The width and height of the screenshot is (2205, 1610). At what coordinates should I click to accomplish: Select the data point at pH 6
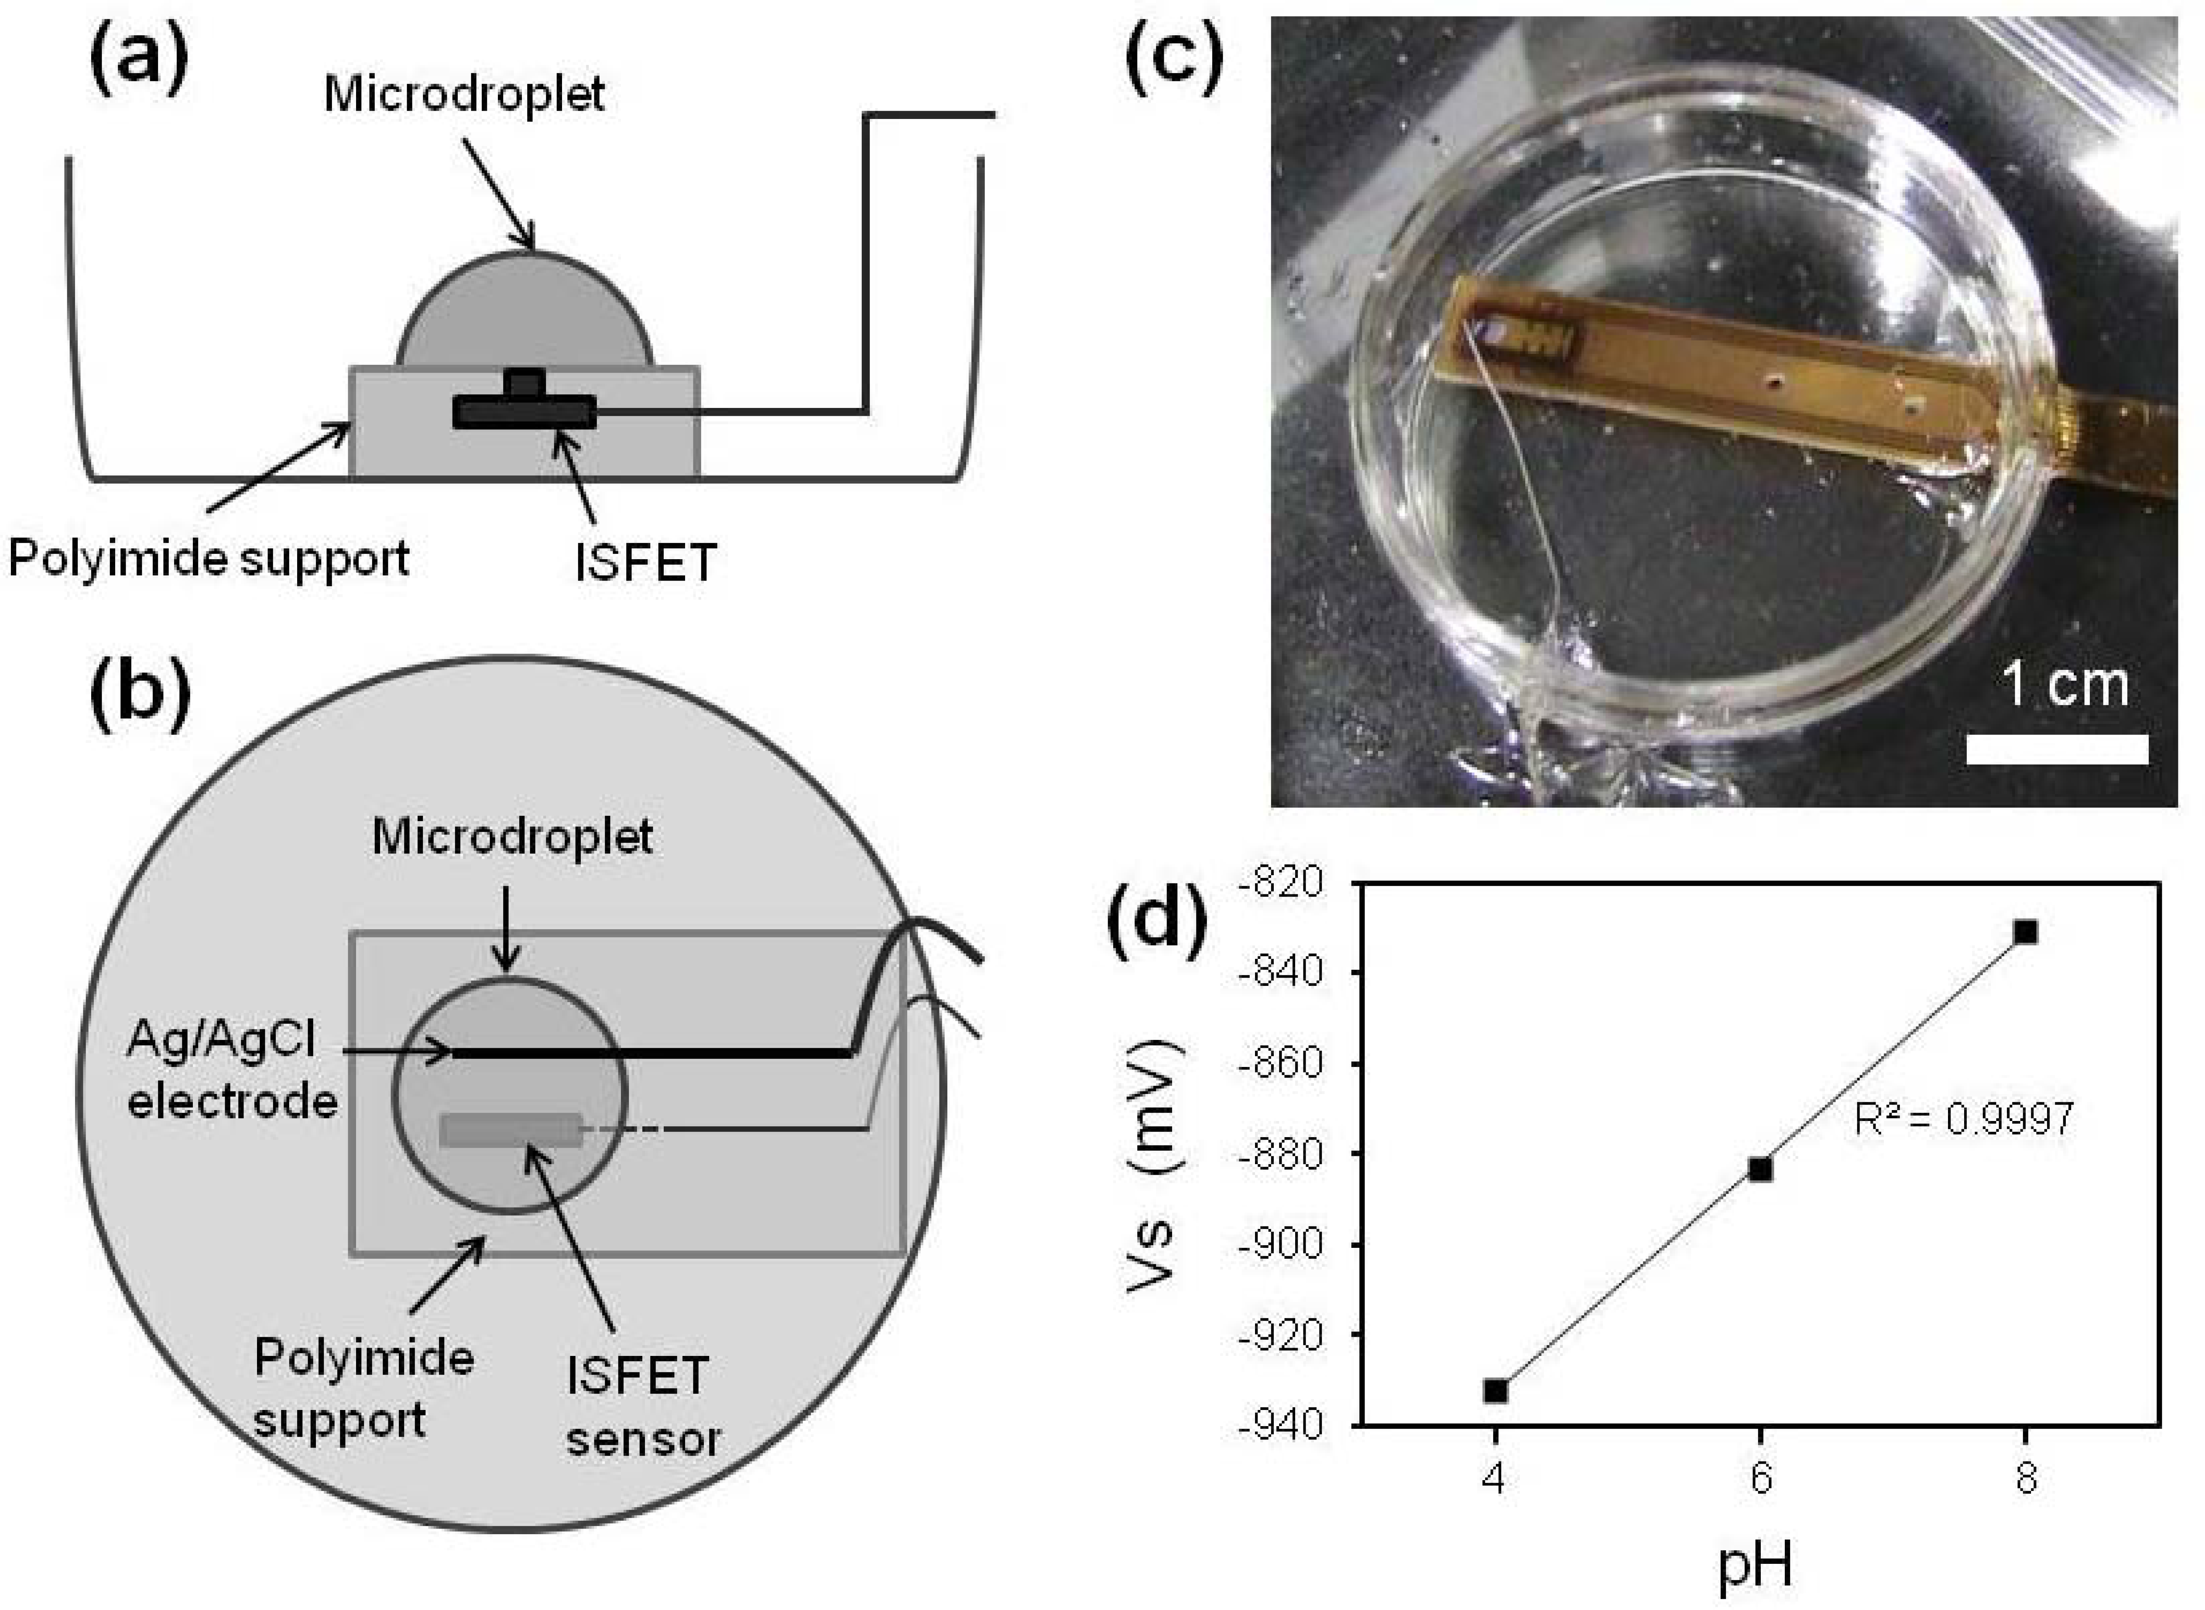pos(1760,1169)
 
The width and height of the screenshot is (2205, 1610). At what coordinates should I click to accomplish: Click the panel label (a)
pos(139,60)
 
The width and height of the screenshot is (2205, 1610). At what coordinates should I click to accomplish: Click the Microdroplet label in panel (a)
pos(464,95)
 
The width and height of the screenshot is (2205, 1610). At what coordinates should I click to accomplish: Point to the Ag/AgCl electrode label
pos(231,1072)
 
